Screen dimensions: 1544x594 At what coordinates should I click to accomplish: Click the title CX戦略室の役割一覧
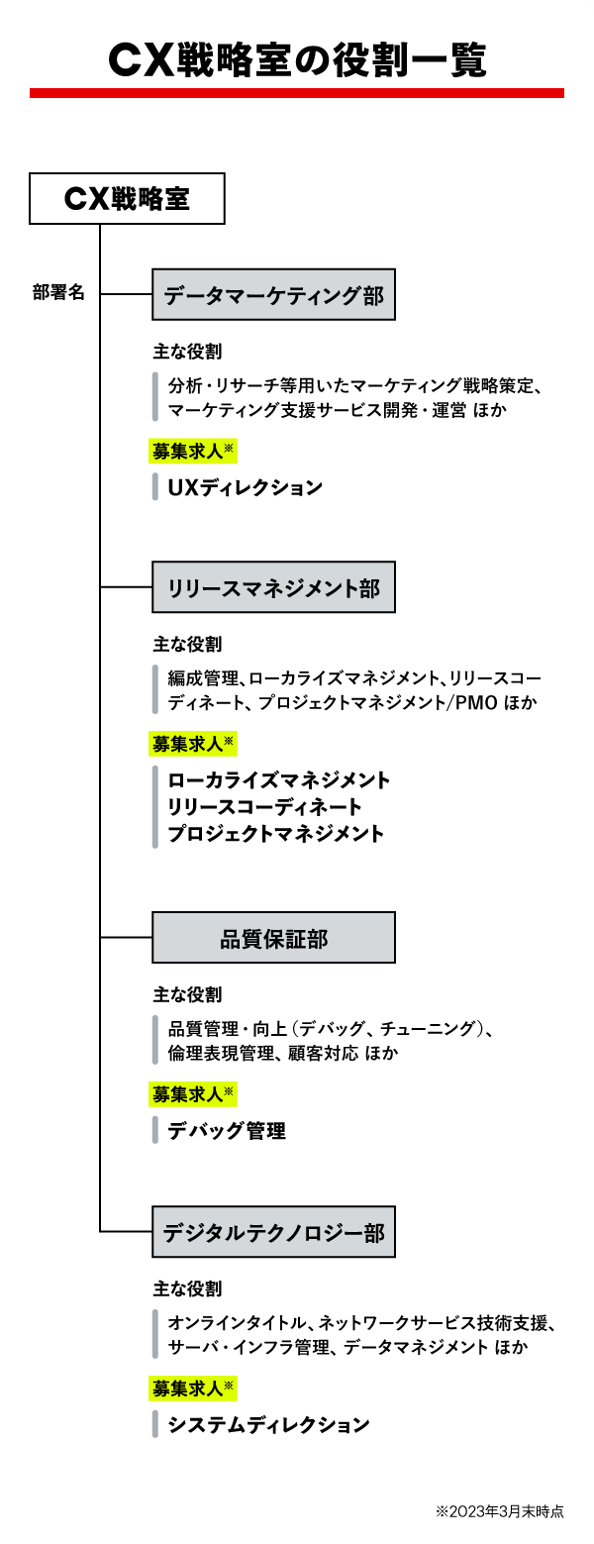tap(296, 59)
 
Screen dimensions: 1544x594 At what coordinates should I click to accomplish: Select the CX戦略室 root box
tap(128, 199)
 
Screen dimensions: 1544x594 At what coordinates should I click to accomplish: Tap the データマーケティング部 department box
tap(273, 294)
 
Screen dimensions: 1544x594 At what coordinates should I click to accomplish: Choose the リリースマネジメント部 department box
tap(273, 588)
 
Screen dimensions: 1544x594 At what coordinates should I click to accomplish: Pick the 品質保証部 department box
tap(273, 938)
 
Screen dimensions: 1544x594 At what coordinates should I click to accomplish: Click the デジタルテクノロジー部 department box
tap(273, 1232)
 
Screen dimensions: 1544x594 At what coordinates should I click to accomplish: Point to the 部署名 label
tap(58, 293)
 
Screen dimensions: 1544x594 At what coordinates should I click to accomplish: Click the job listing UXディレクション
tap(246, 487)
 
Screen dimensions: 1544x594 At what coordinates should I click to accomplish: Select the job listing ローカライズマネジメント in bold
tap(279, 780)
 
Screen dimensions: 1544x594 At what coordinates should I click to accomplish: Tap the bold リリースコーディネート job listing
tap(265, 807)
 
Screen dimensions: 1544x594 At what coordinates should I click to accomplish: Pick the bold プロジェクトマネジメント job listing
tap(276, 834)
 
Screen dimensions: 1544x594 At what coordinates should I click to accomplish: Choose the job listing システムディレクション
tap(268, 1425)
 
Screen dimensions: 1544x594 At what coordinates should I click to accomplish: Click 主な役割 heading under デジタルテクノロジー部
tap(188, 1289)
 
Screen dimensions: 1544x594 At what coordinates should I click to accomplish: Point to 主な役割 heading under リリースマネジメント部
tap(188, 645)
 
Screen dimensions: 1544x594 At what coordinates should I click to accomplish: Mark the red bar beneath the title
tap(296, 93)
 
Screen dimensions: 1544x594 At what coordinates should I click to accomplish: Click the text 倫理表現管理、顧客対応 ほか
tap(283, 1054)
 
